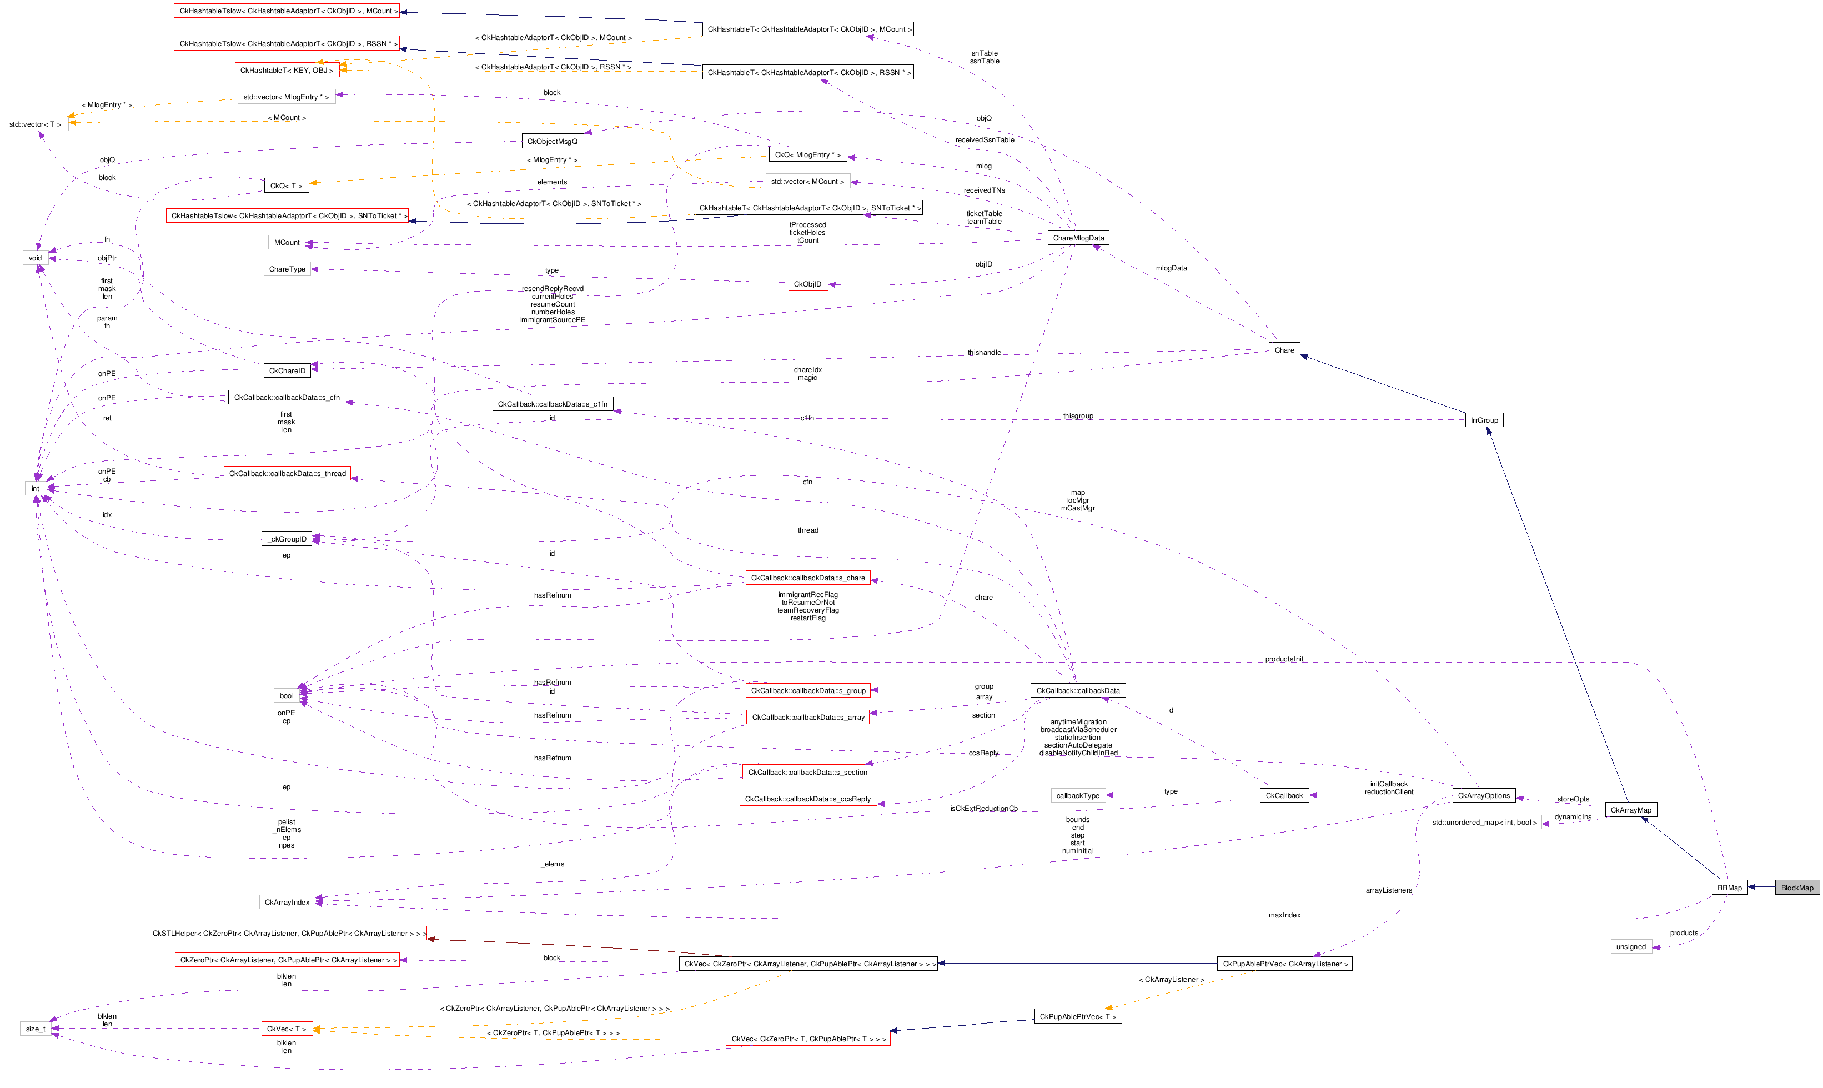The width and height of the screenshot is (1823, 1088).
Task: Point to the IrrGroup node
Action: [1484, 420]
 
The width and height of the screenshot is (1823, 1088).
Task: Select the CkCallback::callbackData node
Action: [1077, 691]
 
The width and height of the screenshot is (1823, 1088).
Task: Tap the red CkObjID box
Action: [808, 284]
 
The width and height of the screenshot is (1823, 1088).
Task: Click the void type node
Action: [35, 258]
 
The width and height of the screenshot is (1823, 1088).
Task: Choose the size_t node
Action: [35, 1029]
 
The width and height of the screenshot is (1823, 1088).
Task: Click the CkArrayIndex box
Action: [287, 902]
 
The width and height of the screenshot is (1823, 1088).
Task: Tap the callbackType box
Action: [1077, 795]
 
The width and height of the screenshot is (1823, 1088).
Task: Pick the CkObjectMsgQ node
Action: [552, 142]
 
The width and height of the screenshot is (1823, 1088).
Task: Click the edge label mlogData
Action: [1171, 268]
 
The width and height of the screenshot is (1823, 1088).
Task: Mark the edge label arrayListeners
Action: [1388, 890]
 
